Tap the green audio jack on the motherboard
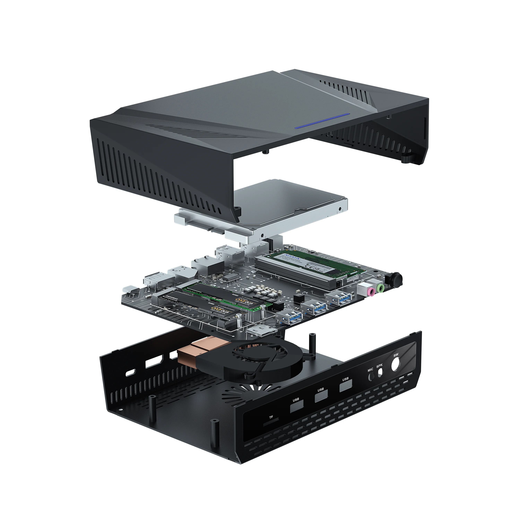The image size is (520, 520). coord(380,288)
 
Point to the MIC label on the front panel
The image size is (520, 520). coord(370,370)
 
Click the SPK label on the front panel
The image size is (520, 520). coord(379,366)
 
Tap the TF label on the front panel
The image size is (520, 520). coord(271,417)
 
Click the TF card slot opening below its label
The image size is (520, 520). coord(271,424)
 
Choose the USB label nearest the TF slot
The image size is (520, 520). coord(296,400)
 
